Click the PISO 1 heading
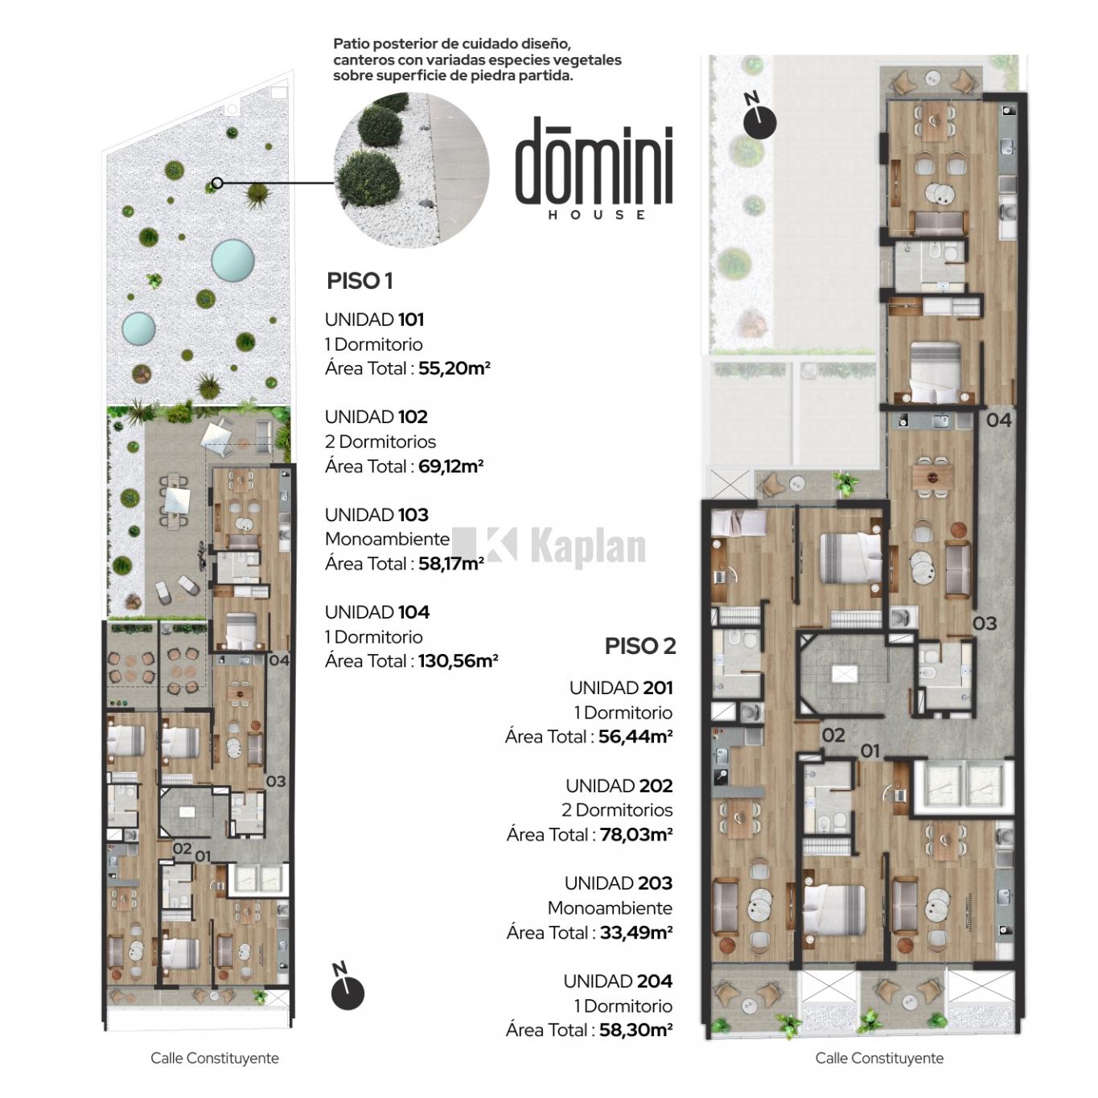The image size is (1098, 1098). click(x=360, y=281)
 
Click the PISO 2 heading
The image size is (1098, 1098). click(x=639, y=646)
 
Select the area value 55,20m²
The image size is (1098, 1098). click(x=454, y=368)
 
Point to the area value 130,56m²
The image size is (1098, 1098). click(x=459, y=661)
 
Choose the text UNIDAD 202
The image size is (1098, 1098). click(x=619, y=786)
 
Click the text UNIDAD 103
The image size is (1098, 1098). click(x=376, y=515)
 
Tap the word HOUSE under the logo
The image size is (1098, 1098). click(x=597, y=215)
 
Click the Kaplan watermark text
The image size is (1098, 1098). click(x=587, y=546)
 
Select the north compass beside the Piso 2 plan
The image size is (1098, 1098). click(x=759, y=118)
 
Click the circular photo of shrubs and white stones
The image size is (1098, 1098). click(x=411, y=170)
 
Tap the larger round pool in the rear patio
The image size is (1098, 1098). click(x=232, y=261)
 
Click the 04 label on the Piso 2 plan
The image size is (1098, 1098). click(x=999, y=421)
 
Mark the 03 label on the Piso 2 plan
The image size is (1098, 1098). click(x=984, y=623)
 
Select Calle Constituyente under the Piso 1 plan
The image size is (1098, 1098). click(x=215, y=1058)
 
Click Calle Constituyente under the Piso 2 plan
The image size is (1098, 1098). click(x=879, y=1058)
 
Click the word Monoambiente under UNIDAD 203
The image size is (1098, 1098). click(x=610, y=908)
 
